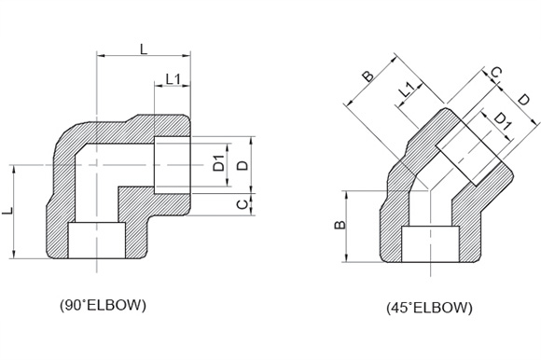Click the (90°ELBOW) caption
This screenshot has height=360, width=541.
pos(103,305)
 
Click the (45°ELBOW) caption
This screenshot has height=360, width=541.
pos(429,307)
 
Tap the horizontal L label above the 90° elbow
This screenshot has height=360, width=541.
pos(144,49)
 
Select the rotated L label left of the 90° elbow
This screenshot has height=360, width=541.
pos(7,211)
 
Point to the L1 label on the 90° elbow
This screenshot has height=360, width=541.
pos(173,79)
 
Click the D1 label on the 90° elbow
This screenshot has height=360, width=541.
pos(218,163)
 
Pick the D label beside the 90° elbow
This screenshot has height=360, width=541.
pos(243,165)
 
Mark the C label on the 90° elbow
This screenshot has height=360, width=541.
pos(243,204)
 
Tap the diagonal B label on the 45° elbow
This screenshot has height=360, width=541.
pos(368,76)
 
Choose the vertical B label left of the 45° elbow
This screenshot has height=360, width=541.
pos(340,225)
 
